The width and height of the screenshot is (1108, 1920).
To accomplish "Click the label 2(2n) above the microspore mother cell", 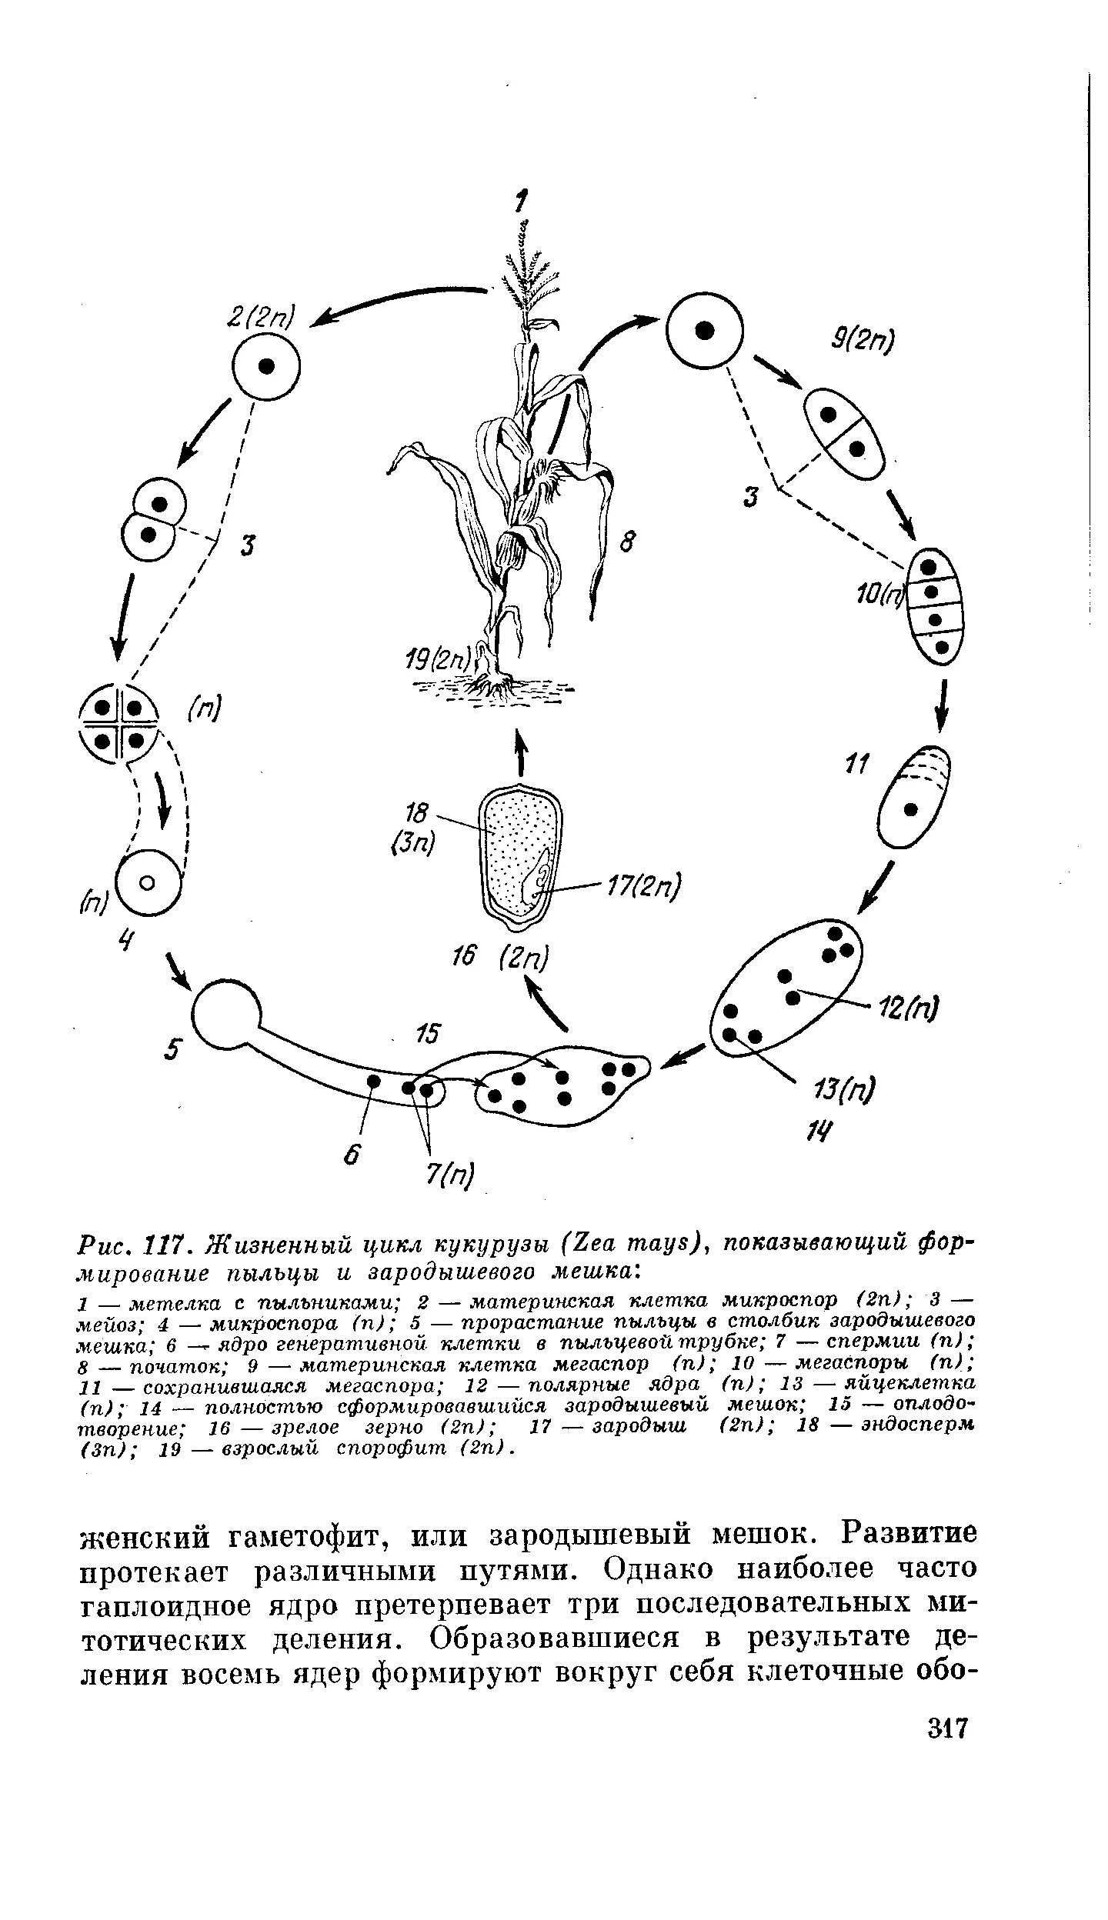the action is coord(261,315).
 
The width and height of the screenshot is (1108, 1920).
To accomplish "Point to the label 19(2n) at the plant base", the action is coord(439,659).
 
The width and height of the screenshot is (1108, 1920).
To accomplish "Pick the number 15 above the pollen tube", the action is coord(426,1034).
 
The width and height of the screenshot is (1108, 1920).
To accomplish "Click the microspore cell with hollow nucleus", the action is coord(149,882).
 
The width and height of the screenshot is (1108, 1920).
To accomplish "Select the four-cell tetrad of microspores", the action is coord(120,724).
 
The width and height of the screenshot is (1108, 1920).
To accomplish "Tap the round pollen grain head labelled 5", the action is coord(226,1016).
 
